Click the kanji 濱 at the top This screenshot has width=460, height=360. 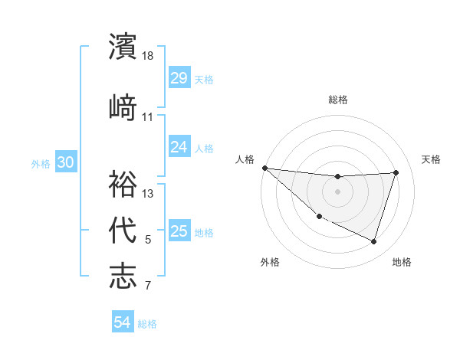123,47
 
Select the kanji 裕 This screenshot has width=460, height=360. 123,184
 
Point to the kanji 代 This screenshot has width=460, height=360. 123,229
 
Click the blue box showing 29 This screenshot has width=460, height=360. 179,77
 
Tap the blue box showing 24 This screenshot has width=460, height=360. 179,146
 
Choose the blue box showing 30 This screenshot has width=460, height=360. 65,162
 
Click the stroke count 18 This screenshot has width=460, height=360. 149,56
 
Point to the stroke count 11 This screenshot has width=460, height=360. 148,117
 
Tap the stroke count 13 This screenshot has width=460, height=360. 149,194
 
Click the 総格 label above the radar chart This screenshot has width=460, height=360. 338,100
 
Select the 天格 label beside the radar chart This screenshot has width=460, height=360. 432,159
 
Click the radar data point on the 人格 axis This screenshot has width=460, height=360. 264,168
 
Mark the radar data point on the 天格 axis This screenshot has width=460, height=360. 396,173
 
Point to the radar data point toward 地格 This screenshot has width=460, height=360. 373,242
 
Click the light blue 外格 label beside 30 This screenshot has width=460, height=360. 41,163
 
